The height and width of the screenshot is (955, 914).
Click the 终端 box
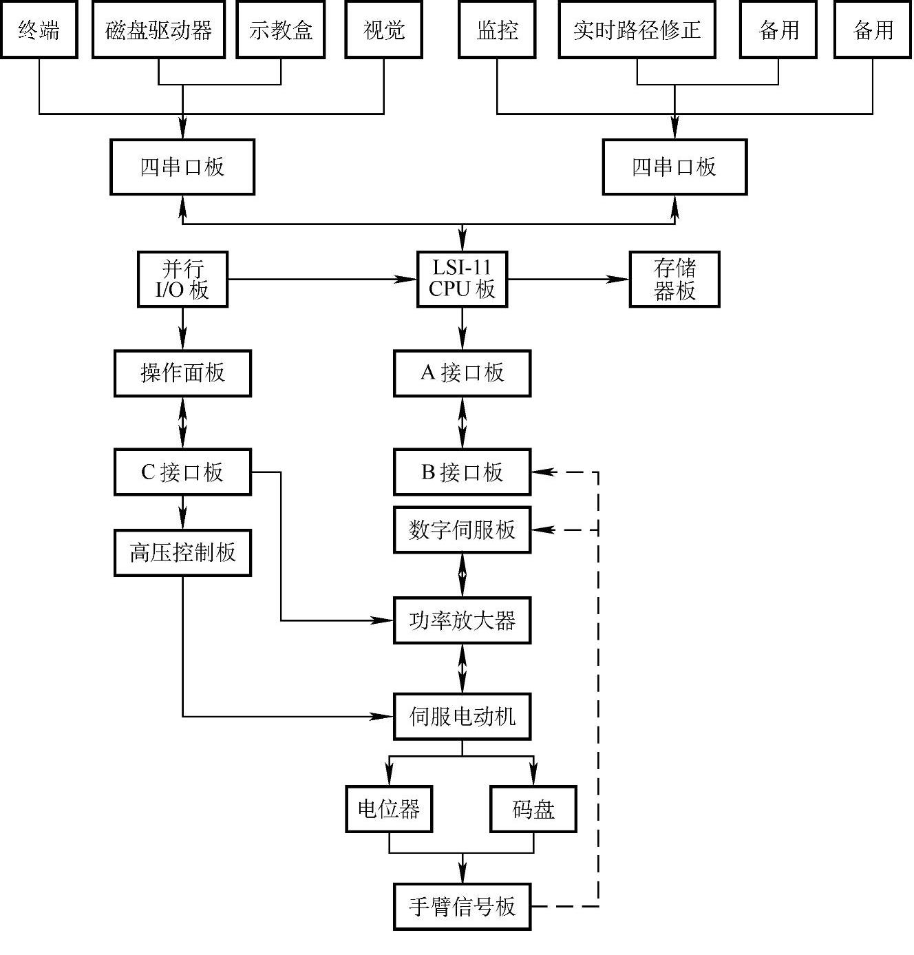pyautogui.click(x=39, y=30)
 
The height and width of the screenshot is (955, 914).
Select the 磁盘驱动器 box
pyautogui.click(x=158, y=30)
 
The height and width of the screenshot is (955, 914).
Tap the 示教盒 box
pyautogui.click(x=281, y=30)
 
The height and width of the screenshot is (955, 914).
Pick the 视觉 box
pyautogui.click(x=383, y=30)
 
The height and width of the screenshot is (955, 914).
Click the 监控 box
pyautogui.click(x=497, y=30)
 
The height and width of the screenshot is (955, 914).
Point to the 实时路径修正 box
pyautogui.click(x=637, y=30)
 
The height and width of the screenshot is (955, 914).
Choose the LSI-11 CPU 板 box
pyautogui.click(x=462, y=280)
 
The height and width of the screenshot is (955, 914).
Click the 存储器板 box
pyautogui.click(x=674, y=280)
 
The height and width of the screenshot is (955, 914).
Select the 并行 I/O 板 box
pyautogui.click(x=182, y=280)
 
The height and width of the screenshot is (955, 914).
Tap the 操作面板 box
pyautogui.click(x=182, y=373)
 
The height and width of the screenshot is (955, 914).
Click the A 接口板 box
pyautogui.click(x=462, y=373)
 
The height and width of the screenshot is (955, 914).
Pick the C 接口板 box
pyautogui.click(x=182, y=472)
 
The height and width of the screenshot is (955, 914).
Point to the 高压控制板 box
pyautogui.click(x=182, y=553)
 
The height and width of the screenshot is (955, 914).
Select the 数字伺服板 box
pyautogui.click(x=462, y=530)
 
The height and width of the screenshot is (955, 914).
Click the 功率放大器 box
pyautogui.click(x=462, y=620)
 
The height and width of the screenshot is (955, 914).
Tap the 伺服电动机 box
pyautogui.click(x=462, y=717)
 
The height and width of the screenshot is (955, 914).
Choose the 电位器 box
pyautogui.click(x=389, y=809)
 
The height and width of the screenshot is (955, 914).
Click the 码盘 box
pyautogui.click(x=533, y=809)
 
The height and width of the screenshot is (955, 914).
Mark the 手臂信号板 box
pyautogui.click(x=462, y=906)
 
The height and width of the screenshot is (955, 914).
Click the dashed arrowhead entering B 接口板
pyautogui.click(x=543, y=472)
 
